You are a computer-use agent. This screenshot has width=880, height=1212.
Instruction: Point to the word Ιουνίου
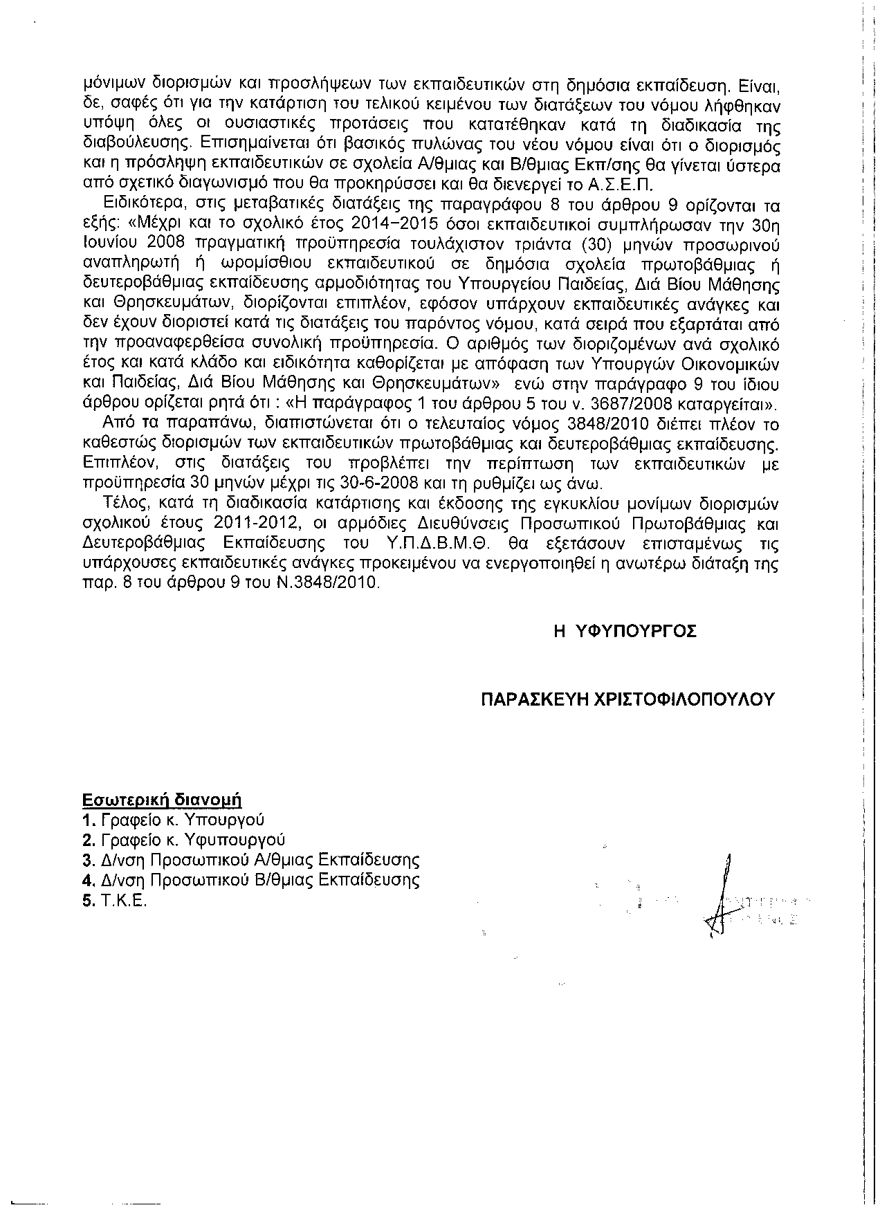pyautogui.click(x=111, y=244)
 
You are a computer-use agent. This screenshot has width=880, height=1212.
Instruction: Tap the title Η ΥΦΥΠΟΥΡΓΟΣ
pyautogui.click(x=625, y=631)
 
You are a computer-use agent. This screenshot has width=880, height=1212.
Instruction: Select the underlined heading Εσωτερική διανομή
pyautogui.click(x=161, y=800)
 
